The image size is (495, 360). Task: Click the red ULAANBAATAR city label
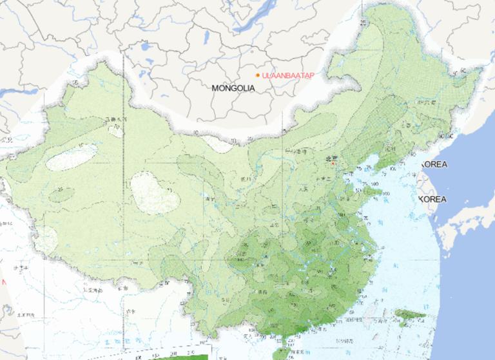pyautogui.click(x=288, y=75)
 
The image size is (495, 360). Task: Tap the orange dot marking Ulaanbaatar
pyautogui.click(x=257, y=75)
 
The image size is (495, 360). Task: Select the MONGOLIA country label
pyautogui.click(x=234, y=87)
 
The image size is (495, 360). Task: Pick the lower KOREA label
pyautogui.click(x=432, y=200)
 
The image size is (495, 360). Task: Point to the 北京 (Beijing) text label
pyautogui.click(x=331, y=156)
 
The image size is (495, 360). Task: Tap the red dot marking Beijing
pyautogui.click(x=333, y=164)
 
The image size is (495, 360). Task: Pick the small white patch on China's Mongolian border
pyautogui.click(x=219, y=143)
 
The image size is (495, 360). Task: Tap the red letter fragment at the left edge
pyautogui.click(x=3, y=282)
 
